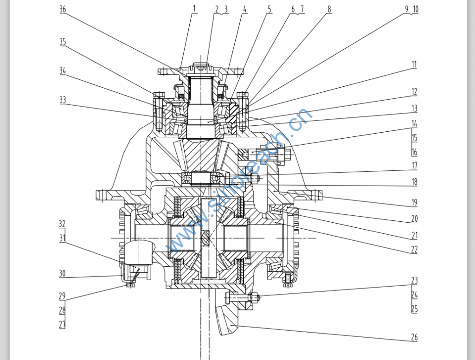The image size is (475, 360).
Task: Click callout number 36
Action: coord(63,9)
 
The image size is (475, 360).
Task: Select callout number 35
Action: coord(63,42)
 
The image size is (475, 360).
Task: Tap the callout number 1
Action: coord(194,8)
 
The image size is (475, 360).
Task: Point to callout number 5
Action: coord(270,9)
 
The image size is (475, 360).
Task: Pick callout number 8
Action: coord(329,9)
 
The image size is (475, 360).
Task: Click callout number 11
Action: coord(414,64)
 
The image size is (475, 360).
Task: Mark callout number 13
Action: coord(414,109)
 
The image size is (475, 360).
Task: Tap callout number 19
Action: coord(414,202)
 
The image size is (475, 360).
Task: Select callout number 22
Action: coord(414,249)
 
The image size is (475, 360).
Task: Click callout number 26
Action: coord(414,337)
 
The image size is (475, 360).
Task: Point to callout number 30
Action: coord(62,274)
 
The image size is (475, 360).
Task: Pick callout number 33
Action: coord(63,100)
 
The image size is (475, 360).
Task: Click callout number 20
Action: coord(414,219)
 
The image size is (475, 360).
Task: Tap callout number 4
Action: coord(245,9)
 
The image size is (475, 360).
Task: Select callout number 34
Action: coord(63,71)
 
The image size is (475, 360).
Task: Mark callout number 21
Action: coord(414,235)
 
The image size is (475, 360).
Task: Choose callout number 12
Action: coord(414,92)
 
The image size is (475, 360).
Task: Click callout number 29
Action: coord(62,296)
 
